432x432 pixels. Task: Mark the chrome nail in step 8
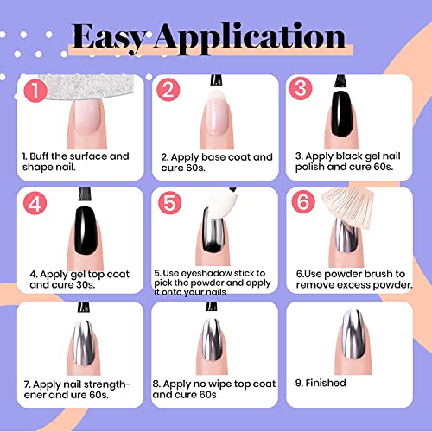[211, 342]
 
